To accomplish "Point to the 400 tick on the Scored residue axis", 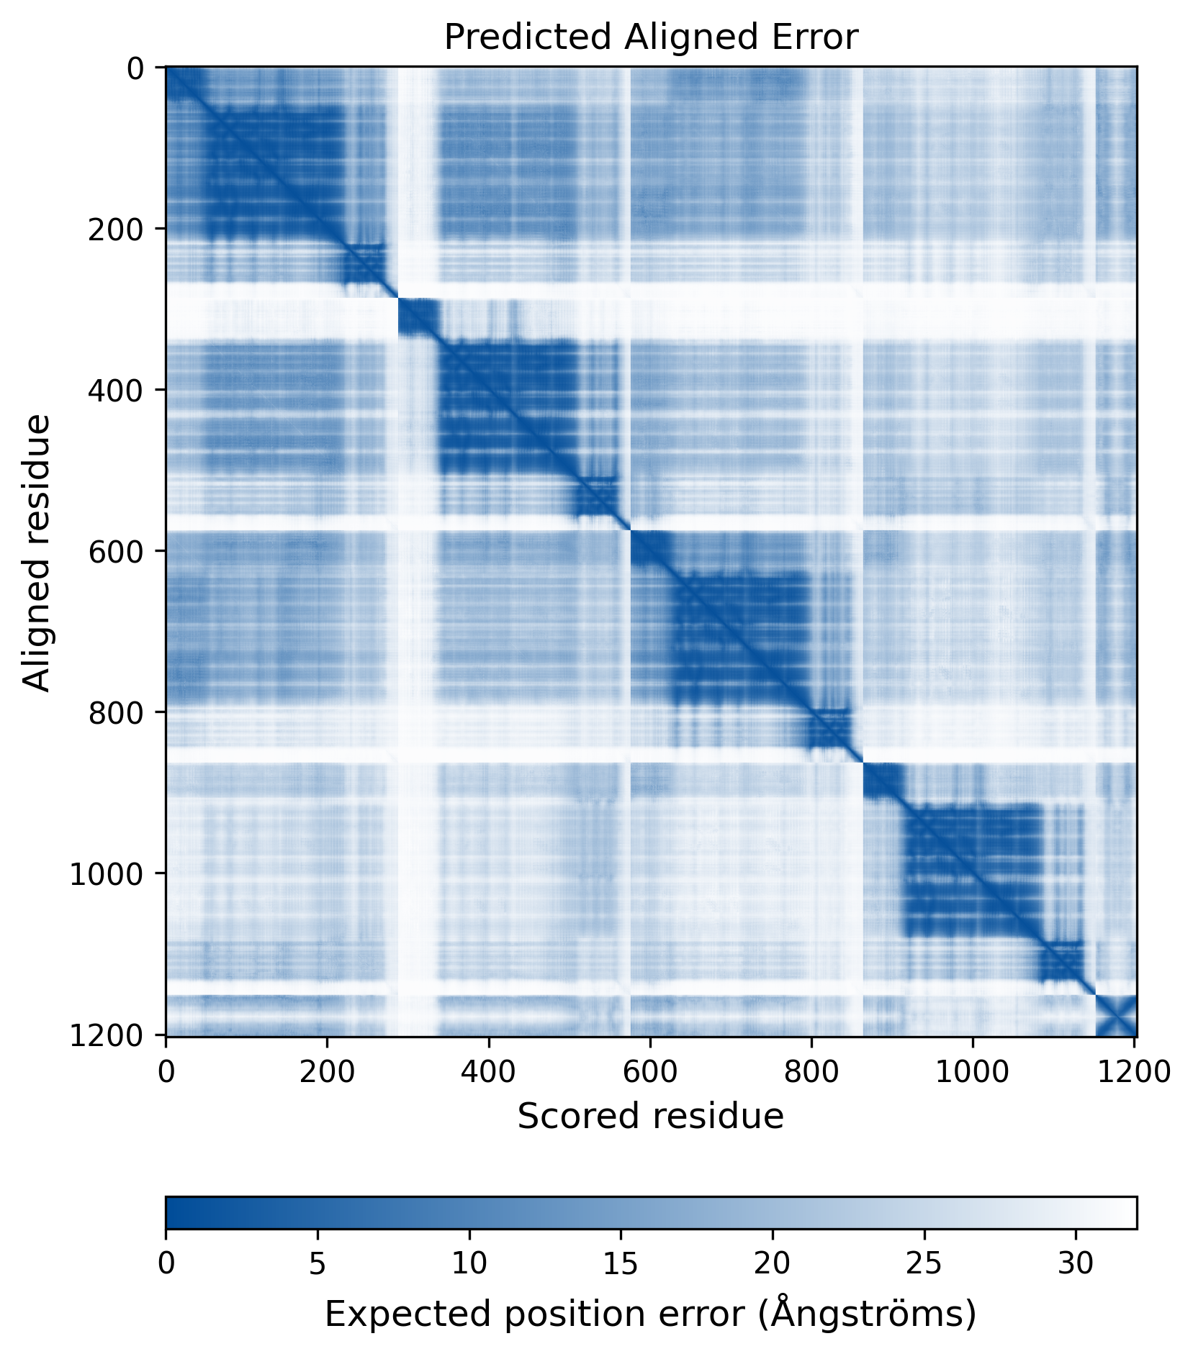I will pyautogui.click(x=489, y=1071).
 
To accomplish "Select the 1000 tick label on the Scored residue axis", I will pyautogui.click(x=973, y=1071).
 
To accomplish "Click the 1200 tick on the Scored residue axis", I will pyautogui.click(x=1134, y=1071).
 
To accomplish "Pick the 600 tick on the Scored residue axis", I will pyautogui.click(x=650, y=1071).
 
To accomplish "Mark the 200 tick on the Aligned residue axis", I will pyautogui.click(x=116, y=229).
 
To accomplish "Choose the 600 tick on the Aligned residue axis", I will pyautogui.click(x=116, y=551).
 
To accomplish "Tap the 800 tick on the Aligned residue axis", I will pyautogui.click(x=116, y=712).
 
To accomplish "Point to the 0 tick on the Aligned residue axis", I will pyautogui.click(x=135, y=68).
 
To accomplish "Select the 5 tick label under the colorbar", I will pyautogui.click(x=318, y=1263).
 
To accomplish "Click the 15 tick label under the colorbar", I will pyautogui.click(x=621, y=1263).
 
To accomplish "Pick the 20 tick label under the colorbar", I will pyautogui.click(x=773, y=1263).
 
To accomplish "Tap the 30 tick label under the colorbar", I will pyautogui.click(x=1076, y=1263).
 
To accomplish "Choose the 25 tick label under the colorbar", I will pyautogui.click(x=924, y=1263).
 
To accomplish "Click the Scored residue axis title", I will pyautogui.click(x=650, y=1116).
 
